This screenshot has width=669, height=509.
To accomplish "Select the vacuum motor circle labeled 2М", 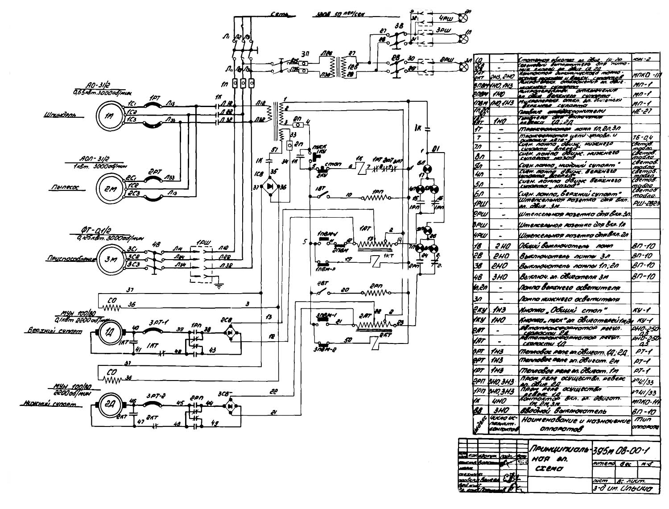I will [109, 189].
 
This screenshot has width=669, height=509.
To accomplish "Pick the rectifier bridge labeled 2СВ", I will [231, 332].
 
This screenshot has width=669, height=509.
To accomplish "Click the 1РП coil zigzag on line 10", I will [377, 196].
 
